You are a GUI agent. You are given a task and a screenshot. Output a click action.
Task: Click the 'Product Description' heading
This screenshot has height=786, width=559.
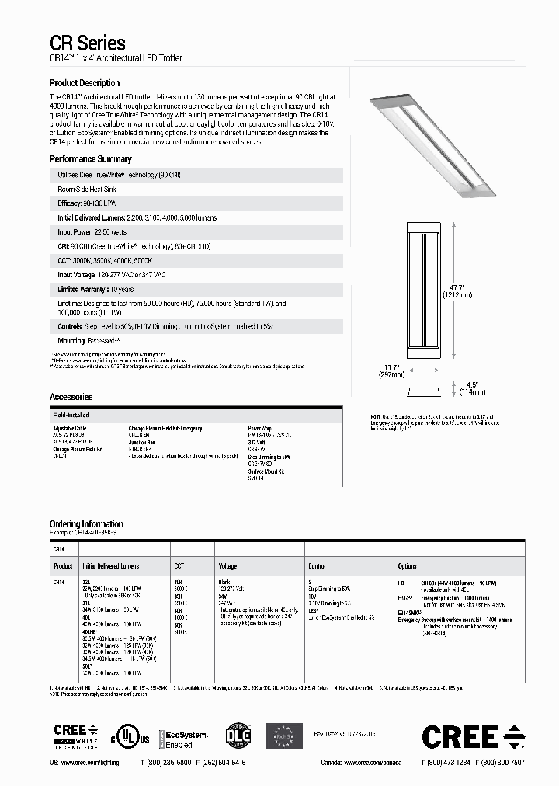click(x=85, y=83)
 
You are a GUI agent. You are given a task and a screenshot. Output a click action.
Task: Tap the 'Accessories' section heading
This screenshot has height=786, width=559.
click(x=71, y=397)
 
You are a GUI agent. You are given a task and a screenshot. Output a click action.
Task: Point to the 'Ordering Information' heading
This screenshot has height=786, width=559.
click(x=86, y=524)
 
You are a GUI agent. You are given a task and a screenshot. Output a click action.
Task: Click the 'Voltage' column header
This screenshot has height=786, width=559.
click(x=227, y=566)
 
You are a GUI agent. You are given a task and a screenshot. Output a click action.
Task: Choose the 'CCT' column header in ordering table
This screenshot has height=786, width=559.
click(x=179, y=566)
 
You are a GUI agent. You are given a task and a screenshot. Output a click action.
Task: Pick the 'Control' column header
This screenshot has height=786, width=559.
click(x=317, y=566)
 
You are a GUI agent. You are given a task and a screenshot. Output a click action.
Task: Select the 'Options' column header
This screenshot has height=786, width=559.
click(x=407, y=566)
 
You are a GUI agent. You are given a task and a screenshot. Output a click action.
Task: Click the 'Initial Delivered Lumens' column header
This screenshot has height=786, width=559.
click(x=110, y=566)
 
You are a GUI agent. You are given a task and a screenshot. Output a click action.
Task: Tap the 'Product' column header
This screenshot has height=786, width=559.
click(x=63, y=566)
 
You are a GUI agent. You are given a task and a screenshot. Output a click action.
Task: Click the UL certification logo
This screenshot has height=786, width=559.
click(x=128, y=734)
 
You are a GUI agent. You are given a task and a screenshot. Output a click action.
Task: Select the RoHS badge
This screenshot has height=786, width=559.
click(x=283, y=736)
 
